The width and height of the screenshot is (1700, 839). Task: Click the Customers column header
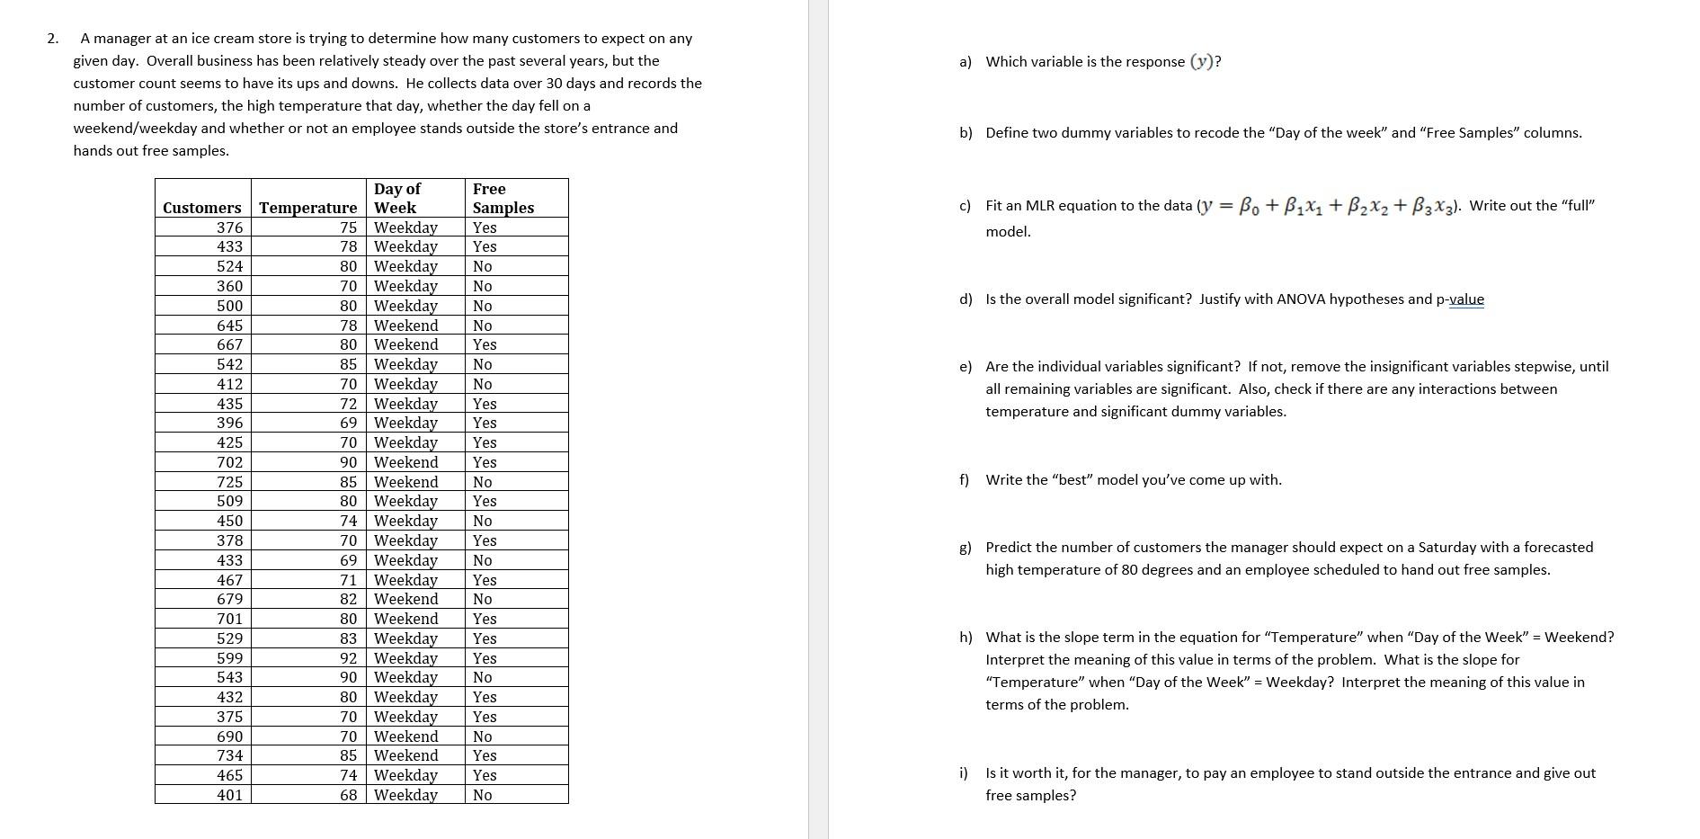tap(201, 208)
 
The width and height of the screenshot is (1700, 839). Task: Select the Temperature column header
tap(307, 208)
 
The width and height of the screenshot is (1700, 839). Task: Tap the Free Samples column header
tap(503, 198)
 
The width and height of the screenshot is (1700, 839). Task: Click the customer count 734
tap(229, 755)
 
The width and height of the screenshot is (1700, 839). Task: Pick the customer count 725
tap(229, 482)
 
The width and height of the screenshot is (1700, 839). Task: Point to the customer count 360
tap(229, 286)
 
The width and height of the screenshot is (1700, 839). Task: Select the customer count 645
tap(229, 326)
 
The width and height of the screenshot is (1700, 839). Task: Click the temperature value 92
tap(348, 658)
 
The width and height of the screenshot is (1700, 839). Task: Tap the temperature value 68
tap(348, 795)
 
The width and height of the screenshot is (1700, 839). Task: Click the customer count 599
tap(229, 658)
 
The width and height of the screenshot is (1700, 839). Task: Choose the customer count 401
tap(229, 795)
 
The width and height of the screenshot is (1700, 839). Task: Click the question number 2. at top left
tap(53, 39)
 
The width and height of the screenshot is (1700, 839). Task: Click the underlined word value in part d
tap(1466, 299)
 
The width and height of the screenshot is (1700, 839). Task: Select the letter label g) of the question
tap(966, 548)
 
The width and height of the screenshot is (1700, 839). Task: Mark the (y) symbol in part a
tap(1205, 62)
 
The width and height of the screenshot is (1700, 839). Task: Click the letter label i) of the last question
tap(964, 773)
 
